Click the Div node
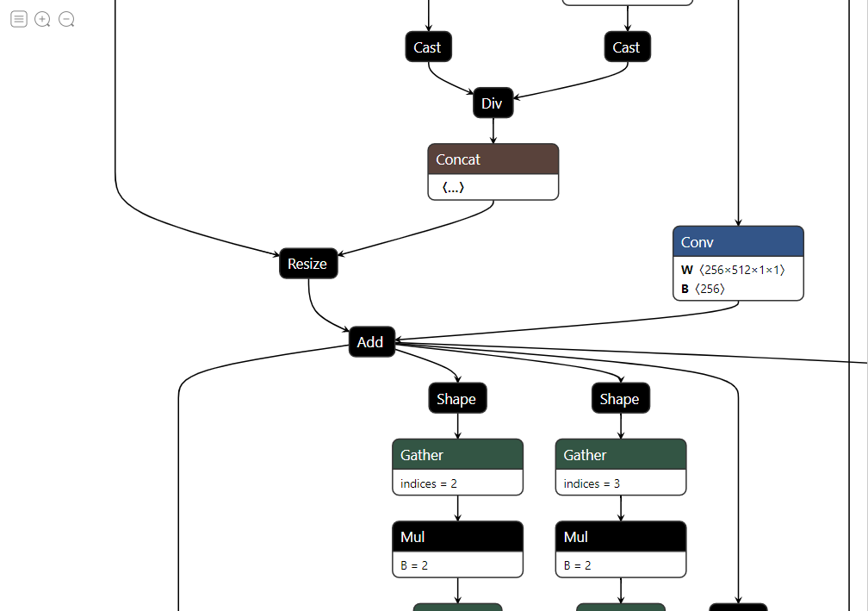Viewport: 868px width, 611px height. [x=493, y=103]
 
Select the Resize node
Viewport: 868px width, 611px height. [x=308, y=264]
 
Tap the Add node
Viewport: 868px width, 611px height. [x=371, y=342]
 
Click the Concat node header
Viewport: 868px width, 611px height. [x=493, y=159]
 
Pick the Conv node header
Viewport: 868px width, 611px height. [x=738, y=242]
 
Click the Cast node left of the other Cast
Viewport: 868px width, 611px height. [x=428, y=47]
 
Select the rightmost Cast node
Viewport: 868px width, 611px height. [x=627, y=47]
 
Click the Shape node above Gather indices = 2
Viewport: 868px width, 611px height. [x=457, y=399]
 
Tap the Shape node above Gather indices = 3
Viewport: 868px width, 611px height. [x=620, y=399]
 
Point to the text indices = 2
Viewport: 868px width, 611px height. [x=429, y=483]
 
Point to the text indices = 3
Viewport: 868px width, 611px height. [x=592, y=483]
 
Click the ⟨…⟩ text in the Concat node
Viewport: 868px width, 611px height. [x=453, y=187]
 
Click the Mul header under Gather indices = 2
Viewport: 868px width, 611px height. [x=457, y=537]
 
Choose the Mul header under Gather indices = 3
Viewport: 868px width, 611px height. [x=620, y=537]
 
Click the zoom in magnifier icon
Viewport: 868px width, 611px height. [x=42, y=19]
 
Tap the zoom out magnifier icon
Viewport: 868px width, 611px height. [x=66, y=19]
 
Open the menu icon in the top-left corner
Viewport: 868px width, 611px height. [x=18, y=19]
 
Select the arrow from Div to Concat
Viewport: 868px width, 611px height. [x=493, y=131]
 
